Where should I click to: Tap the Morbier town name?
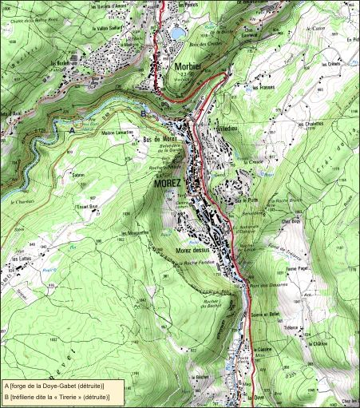click(x=189, y=68)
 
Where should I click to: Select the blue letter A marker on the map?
click(x=71, y=129)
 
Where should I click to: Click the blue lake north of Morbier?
click(x=177, y=33)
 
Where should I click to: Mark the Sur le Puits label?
click(x=247, y=200)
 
